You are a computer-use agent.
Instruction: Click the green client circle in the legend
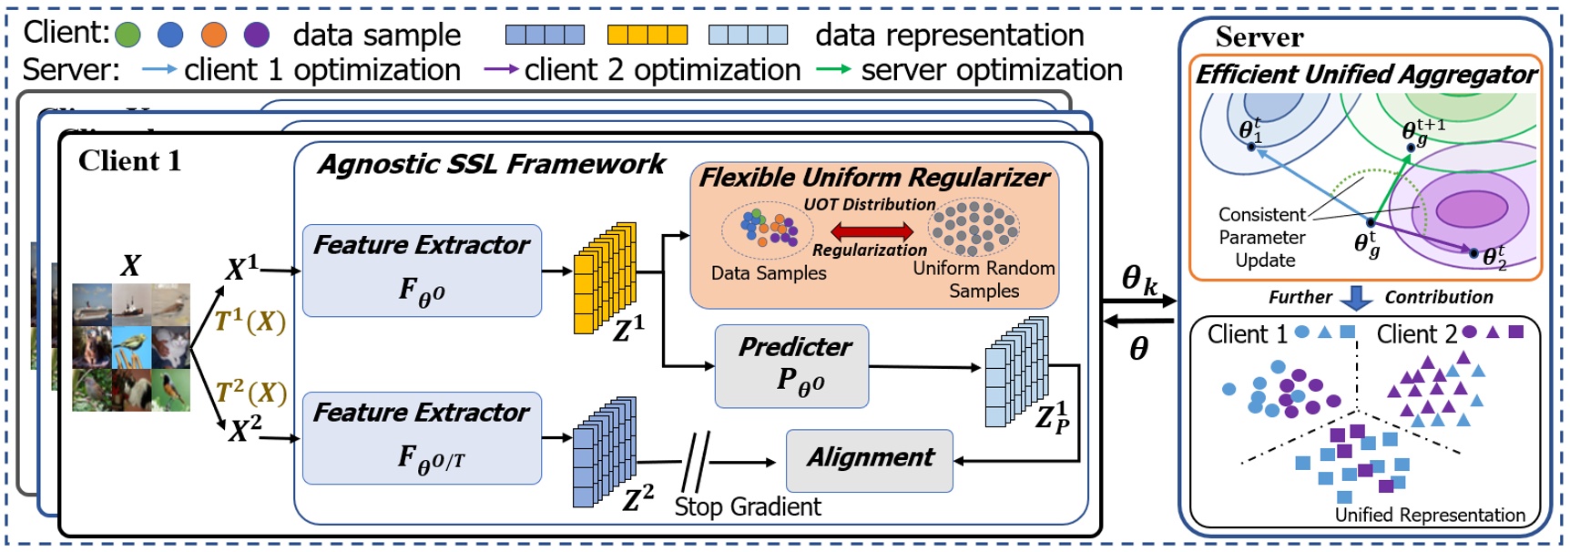[x=127, y=35]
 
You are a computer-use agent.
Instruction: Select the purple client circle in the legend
[x=257, y=35]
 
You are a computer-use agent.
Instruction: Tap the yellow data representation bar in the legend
[x=647, y=35]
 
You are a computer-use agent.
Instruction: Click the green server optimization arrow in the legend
[x=833, y=69]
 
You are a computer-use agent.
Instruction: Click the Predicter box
[x=791, y=365]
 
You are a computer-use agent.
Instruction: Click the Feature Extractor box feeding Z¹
[x=422, y=271]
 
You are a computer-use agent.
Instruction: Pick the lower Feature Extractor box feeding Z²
[x=422, y=437]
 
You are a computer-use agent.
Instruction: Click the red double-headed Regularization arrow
[x=872, y=230]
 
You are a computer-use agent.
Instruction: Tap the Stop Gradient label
[x=748, y=506]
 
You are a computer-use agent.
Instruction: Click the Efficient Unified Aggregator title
[x=1365, y=75]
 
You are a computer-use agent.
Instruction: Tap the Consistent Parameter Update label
[x=1262, y=237]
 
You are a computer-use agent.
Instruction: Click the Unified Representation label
[x=1430, y=515]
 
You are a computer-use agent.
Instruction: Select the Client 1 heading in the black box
[x=129, y=161]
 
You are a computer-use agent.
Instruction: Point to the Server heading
[x=1259, y=37]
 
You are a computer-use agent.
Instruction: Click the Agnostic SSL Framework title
[x=492, y=164]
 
